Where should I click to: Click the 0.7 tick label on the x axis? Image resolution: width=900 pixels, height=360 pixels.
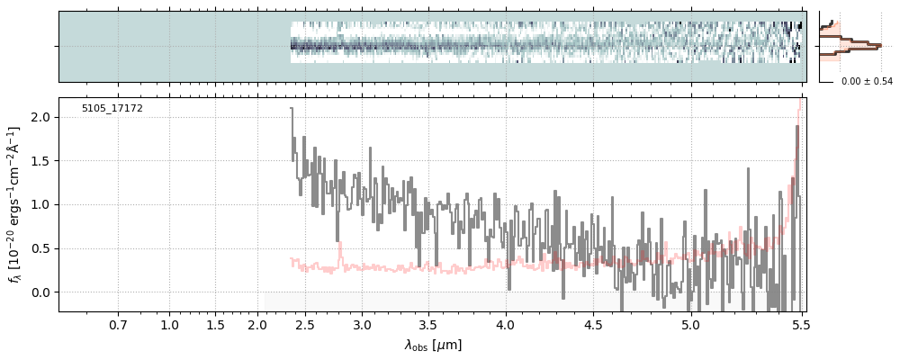[118, 324]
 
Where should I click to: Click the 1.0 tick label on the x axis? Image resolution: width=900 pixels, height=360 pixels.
[169, 324]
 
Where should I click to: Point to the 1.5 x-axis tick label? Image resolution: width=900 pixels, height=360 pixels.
[215, 324]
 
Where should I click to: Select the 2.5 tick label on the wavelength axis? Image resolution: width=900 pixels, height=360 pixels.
[305, 324]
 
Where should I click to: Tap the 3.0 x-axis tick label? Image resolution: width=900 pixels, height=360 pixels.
[362, 324]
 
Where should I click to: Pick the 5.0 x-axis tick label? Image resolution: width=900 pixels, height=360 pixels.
[690, 324]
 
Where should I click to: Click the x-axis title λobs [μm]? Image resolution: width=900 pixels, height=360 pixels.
[433, 345]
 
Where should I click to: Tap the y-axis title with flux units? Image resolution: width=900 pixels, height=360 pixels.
[15, 204]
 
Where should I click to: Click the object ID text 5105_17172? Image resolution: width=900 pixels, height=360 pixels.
[112, 109]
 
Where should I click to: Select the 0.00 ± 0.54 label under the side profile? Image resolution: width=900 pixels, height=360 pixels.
[866, 82]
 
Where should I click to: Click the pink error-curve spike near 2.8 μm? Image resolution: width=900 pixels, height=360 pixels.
[339, 244]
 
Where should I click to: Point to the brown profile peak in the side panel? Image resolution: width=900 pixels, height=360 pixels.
[877, 43]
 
